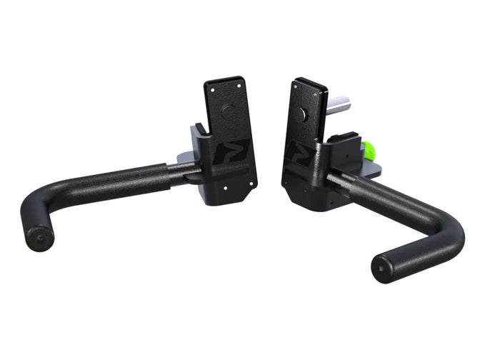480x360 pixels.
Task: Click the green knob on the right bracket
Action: click(x=369, y=152)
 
